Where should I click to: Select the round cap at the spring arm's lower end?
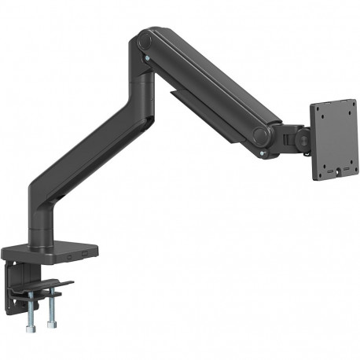(263, 134)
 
